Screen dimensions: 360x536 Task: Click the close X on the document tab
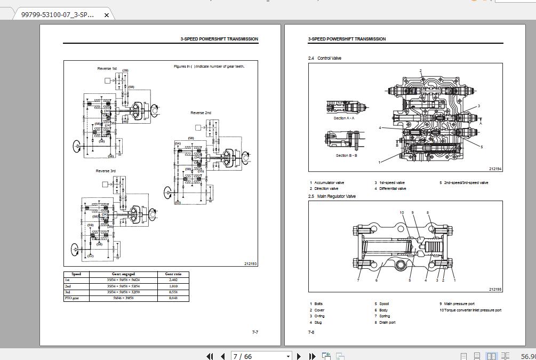pyautogui.click(x=106, y=15)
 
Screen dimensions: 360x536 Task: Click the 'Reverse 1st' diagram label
pyautogui.click(x=107, y=69)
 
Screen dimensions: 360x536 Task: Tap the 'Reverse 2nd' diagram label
pyautogui.click(x=201, y=113)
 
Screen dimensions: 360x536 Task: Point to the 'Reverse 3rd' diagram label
pyautogui.click(x=106, y=171)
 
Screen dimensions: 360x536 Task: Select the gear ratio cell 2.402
pyautogui.click(x=173, y=280)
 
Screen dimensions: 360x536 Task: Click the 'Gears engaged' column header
pyautogui.click(x=123, y=274)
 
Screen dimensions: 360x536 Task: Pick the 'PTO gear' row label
pyautogui.click(x=71, y=298)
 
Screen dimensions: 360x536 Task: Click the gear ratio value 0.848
pyautogui.click(x=173, y=298)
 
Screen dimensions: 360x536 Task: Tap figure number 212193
pyautogui.click(x=250, y=263)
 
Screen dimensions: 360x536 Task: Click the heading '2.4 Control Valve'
pyautogui.click(x=324, y=58)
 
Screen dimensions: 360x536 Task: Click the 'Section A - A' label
pyautogui.click(x=344, y=118)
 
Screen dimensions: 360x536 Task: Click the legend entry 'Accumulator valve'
pyautogui.click(x=329, y=182)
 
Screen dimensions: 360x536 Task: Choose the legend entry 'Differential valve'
pyautogui.click(x=392, y=188)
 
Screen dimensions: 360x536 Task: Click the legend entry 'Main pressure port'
pyautogui.click(x=459, y=304)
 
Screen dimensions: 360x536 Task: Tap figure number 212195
pyautogui.click(x=495, y=290)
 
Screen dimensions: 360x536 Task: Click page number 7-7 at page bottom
pyautogui.click(x=255, y=332)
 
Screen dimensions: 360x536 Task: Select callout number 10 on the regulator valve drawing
pyautogui.click(x=402, y=213)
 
